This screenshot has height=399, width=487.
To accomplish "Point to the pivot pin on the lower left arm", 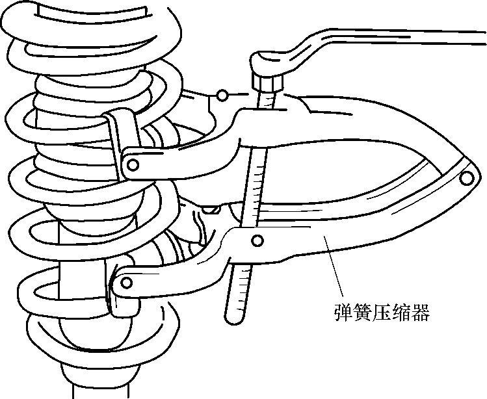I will [x=126, y=282].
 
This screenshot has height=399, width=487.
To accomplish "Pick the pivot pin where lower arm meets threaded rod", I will [x=258, y=241].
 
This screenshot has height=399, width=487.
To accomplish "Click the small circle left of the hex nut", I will [x=223, y=96].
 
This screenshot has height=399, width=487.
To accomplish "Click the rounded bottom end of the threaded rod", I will [x=234, y=318].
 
